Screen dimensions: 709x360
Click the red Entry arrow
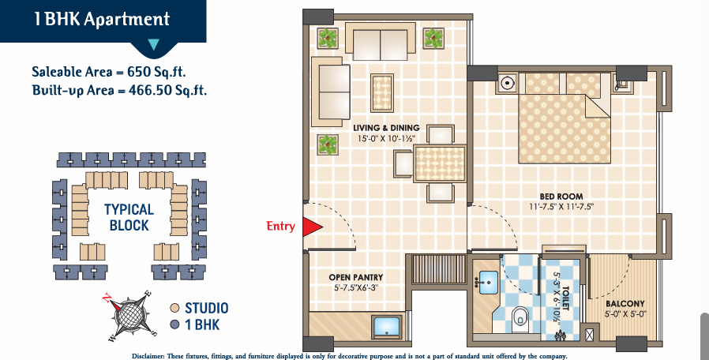(311, 227)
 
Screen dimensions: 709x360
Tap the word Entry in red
(281, 226)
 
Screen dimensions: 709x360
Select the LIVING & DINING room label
(386, 128)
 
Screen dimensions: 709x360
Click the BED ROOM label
(561, 197)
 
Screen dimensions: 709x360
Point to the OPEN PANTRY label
(356, 277)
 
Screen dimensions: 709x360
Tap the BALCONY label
(625, 304)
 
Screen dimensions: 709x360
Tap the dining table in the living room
(440, 163)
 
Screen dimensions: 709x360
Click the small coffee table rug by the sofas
(382, 92)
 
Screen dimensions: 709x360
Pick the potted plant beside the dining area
(328, 144)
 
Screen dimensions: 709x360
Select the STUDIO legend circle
(175, 308)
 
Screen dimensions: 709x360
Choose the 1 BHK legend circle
(175, 324)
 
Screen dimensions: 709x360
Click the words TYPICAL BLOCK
(129, 217)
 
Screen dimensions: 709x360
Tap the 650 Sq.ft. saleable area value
(156, 72)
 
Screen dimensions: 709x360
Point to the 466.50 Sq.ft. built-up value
(167, 89)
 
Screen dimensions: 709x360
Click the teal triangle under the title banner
(154, 44)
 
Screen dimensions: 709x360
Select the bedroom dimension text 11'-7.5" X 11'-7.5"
(561, 207)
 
